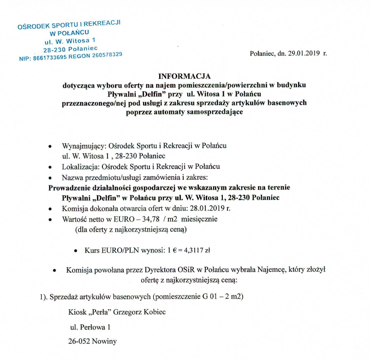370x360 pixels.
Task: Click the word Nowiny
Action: pos(103,342)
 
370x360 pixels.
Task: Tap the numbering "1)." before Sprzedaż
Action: pos(44,296)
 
